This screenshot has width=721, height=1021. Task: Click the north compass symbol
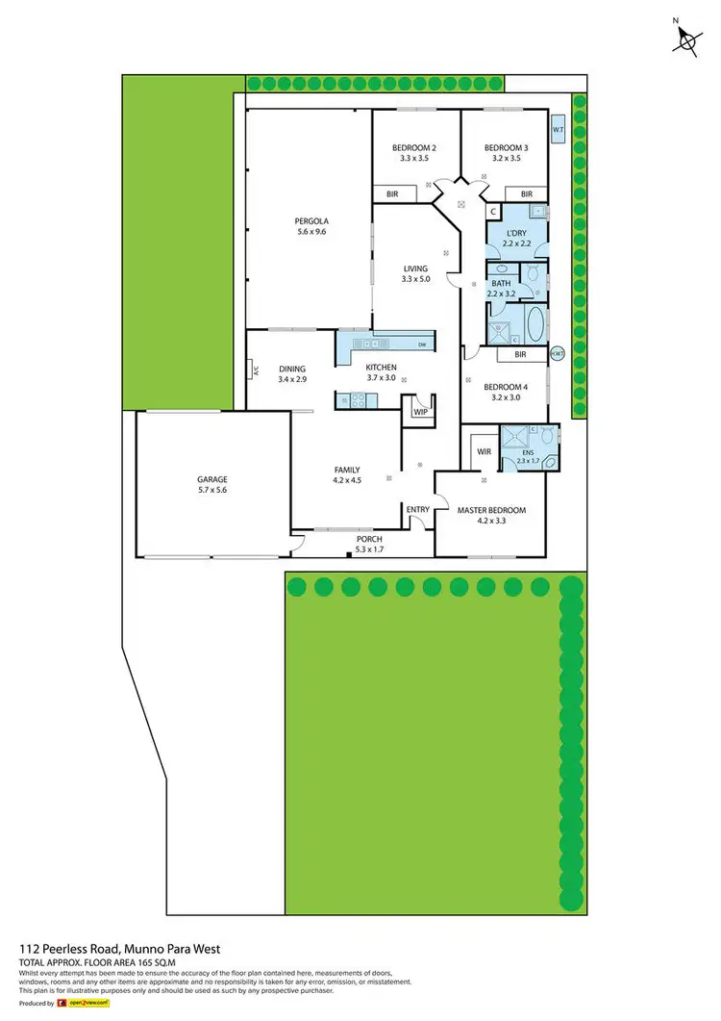click(687, 38)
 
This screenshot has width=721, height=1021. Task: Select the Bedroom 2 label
click(414, 147)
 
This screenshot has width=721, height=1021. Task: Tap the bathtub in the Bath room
click(534, 320)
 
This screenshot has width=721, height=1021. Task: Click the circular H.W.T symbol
click(557, 354)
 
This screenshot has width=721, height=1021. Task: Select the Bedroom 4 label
click(505, 386)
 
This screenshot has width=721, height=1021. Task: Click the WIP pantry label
click(419, 411)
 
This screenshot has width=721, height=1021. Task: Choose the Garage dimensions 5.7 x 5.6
click(212, 490)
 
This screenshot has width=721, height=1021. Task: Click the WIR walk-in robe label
click(484, 450)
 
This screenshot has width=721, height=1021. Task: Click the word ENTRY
click(418, 510)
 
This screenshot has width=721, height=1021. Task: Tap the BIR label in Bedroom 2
click(392, 193)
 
